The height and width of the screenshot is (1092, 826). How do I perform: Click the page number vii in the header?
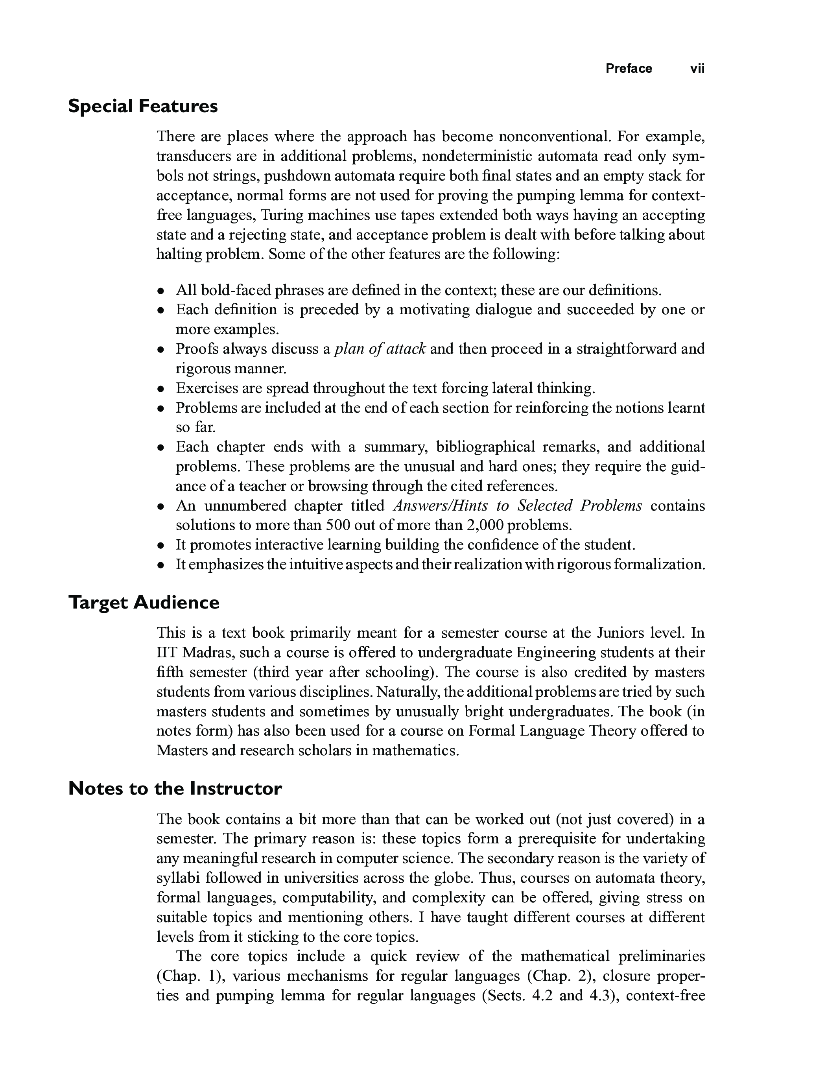pos(697,68)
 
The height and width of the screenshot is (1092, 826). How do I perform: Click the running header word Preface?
pos(629,68)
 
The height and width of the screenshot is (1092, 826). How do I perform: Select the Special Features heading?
pos(143,106)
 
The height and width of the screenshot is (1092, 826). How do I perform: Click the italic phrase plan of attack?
pos(380,349)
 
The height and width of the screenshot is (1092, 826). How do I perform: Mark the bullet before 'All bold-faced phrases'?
pos(160,291)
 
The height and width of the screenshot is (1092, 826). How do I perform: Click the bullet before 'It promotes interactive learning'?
pos(160,546)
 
